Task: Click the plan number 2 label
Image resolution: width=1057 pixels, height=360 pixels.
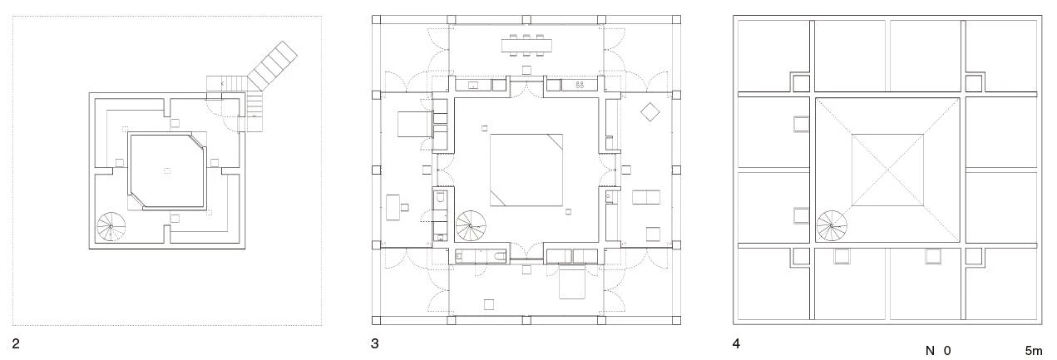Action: coord(16,344)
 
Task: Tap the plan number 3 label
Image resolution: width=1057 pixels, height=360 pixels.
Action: coord(375,344)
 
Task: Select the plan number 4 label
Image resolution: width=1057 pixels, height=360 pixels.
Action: coord(736,344)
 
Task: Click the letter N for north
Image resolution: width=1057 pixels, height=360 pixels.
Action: coord(930,351)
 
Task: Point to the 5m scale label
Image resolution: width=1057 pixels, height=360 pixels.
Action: coord(1034,351)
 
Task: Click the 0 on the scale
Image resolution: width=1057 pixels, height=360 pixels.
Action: coord(947,351)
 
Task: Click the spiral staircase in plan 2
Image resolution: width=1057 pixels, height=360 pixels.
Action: coord(111,227)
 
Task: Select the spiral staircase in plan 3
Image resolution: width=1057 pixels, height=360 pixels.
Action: coord(471,225)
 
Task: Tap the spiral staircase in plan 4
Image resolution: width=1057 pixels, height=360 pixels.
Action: coord(832,225)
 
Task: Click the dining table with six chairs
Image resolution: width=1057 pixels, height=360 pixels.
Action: coord(526,46)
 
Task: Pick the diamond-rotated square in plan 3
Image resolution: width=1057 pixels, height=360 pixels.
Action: coord(650,111)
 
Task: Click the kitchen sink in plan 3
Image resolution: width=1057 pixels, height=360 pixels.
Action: coord(473,86)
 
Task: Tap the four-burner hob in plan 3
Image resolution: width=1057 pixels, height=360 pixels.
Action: coord(580,85)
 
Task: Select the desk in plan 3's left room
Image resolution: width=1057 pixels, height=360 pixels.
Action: coord(393,208)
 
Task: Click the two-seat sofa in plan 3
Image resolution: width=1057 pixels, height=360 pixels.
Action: coord(646,197)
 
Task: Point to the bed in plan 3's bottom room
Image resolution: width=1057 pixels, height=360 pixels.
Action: coord(572,282)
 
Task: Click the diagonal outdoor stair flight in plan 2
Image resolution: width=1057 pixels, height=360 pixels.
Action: coord(273,65)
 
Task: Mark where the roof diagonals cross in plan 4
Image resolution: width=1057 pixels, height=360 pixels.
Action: coord(887,170)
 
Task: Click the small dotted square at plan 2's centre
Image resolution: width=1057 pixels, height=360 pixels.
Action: coord(167,170)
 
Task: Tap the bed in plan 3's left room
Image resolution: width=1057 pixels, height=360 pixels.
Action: coord(415,124)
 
